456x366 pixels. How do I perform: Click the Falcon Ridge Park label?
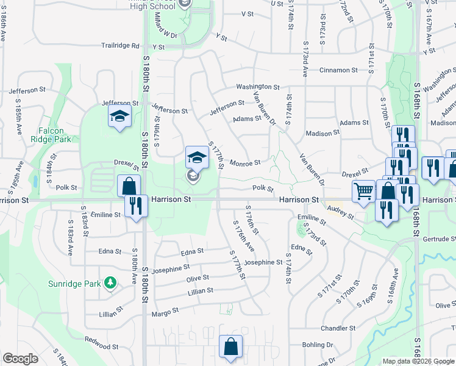pos(55,135)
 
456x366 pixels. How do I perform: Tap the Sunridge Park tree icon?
pos(110,282)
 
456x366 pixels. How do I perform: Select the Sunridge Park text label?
pos(75,284)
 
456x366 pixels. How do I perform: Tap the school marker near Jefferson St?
pos(120,116)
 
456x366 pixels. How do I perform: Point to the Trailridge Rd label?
pos(121,46)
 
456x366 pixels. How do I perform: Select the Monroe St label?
pos(246,163)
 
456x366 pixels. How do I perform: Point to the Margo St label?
pos(165,310)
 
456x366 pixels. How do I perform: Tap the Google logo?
pos(20,359)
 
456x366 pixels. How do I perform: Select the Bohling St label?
pos(317,345)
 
